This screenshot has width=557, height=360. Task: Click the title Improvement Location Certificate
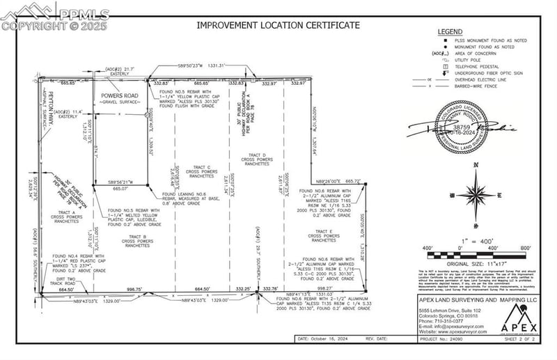278,25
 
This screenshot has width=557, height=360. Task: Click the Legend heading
450,32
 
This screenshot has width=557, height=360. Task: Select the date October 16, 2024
327,339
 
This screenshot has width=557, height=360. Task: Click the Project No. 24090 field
445,339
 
